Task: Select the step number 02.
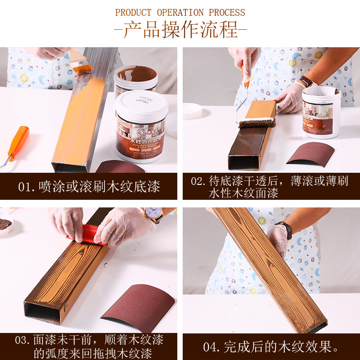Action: point(197,181)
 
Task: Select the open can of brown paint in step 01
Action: point(135,76)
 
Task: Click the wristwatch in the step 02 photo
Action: point(307,81)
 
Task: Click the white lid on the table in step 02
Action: point(192,111)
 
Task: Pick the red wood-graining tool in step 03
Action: point(86,236)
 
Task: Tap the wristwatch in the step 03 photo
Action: point(153,215)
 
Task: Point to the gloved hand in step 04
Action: point(276,238)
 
